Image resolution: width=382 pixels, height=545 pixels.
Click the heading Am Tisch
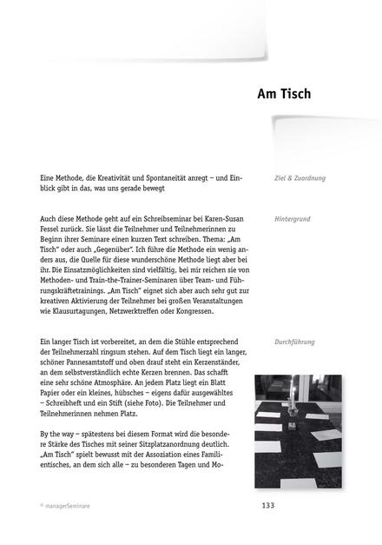(x=284, y=93)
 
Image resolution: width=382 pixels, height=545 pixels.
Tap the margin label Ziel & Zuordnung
(x=300, y=178)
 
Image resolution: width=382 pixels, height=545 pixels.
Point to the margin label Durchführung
(x=296, y=342)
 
